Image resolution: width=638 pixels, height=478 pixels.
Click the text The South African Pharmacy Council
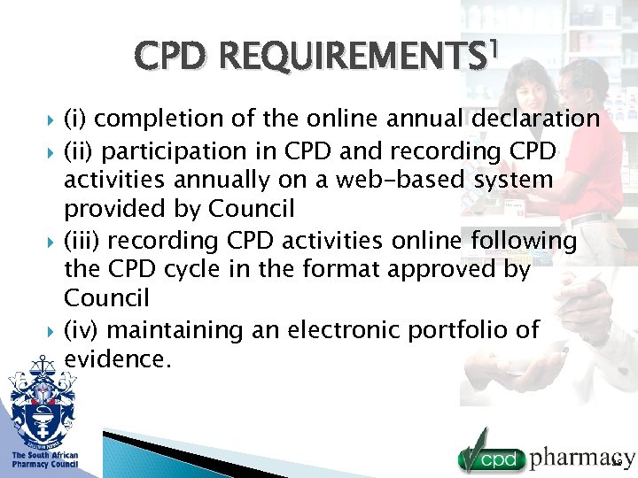click(x=44, y=460)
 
